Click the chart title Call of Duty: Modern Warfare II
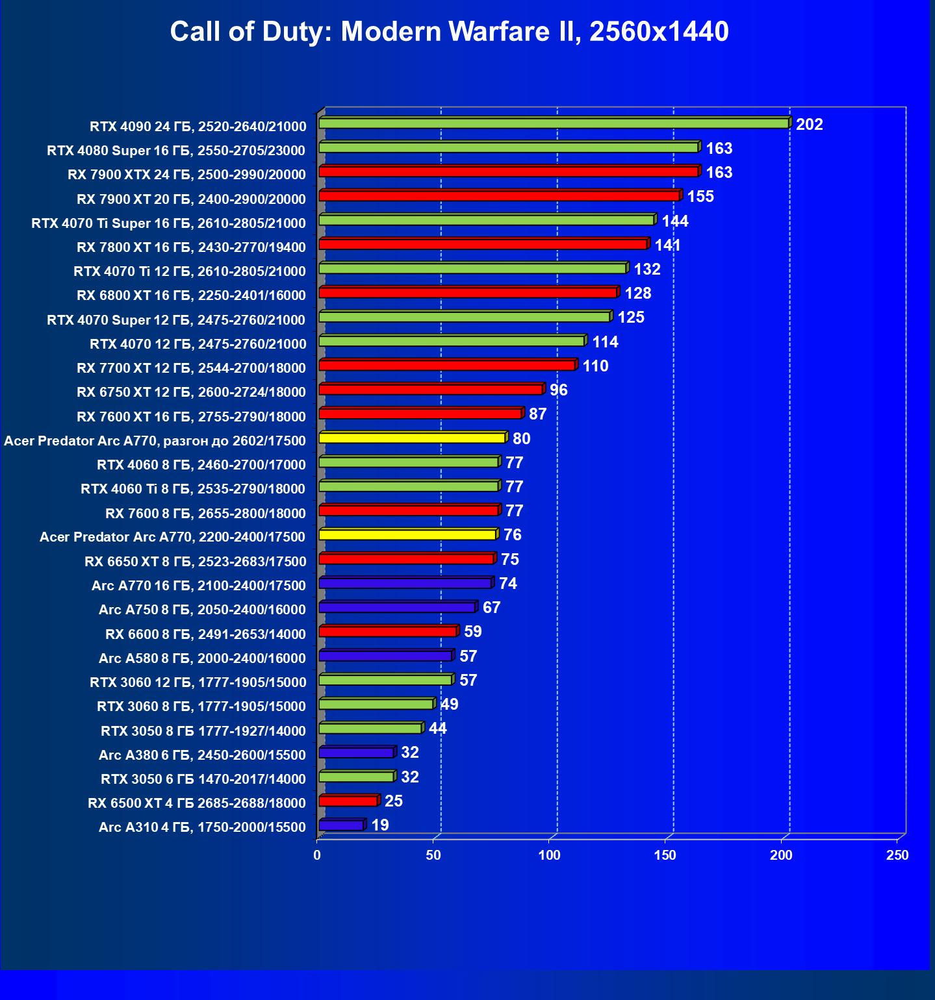(x=449, y=31)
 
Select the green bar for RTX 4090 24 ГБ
(x=554, y=123)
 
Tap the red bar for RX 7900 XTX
(x=509, y=171)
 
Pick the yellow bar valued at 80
(x=412, y=438)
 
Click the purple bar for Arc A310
(x=341, y=825)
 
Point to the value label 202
(x=809, y=124)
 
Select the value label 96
(x=558, y=390)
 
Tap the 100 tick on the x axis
(x=549, y=855)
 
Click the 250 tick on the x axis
(x=897, y=855)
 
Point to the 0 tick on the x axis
(x=317, y=855)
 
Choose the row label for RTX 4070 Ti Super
(x=168, y=223)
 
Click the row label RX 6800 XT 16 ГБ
(x=191, y=295)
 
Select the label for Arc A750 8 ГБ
(x=202, y=610)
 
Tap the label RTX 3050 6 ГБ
(x=203, y=779)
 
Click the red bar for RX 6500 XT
(x=348, y=801)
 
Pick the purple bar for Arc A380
(x=356, y=753)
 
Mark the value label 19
(x=379, y=825)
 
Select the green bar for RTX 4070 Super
(x=465, y=317)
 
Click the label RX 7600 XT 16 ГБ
(x=191, y=417)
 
